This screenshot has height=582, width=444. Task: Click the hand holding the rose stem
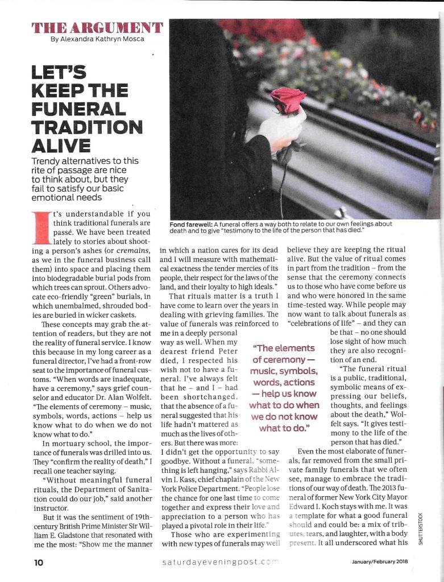point(281,132)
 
